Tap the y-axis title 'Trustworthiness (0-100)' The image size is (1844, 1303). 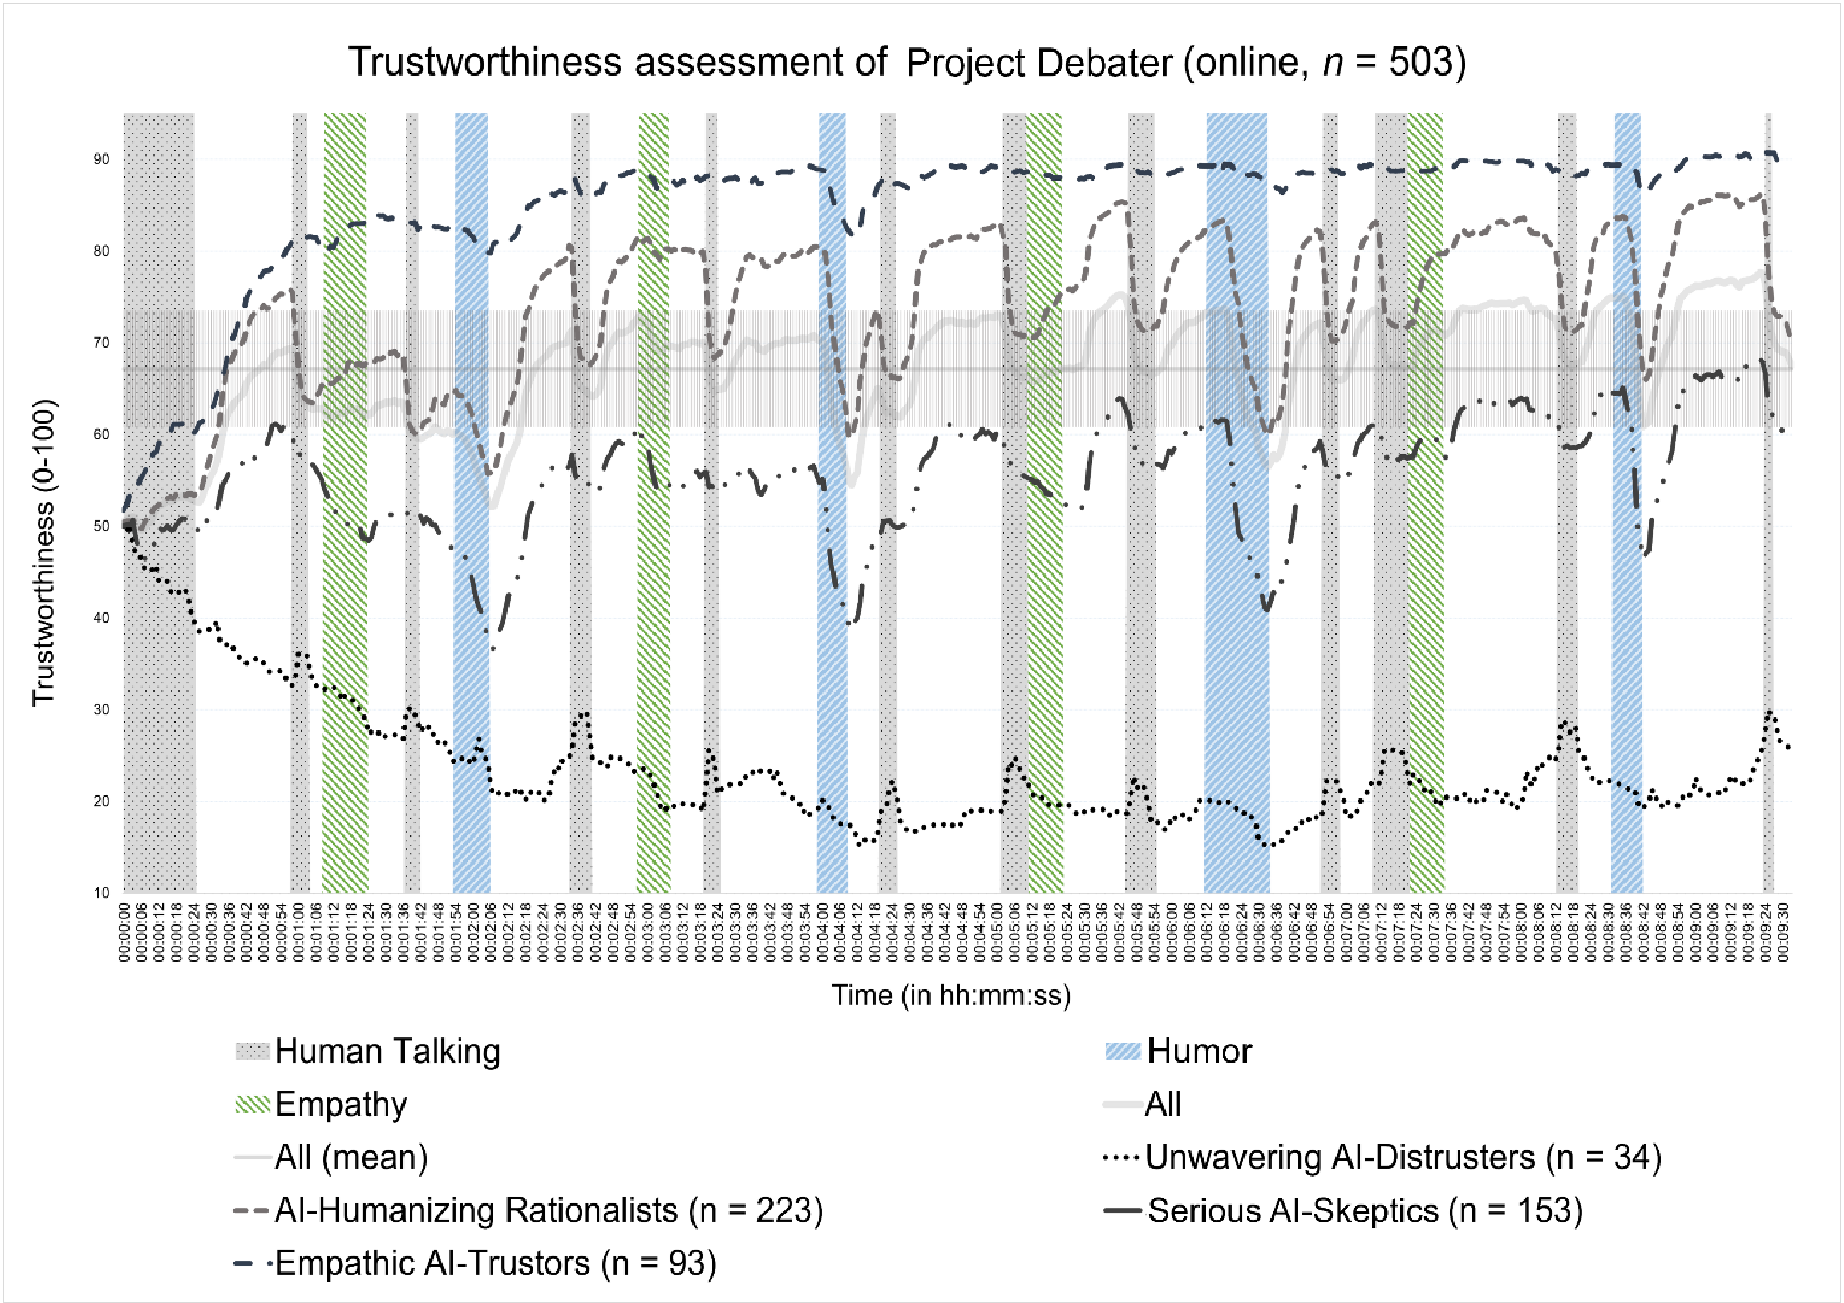pyautogui.click(x=44, y=553)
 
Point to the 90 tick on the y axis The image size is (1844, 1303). pyautogui.click(x=101, y=159)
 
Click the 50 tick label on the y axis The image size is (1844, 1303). pyautogui.click(x=101, y=526)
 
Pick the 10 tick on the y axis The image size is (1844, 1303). pyautogui.click(x=101, y=893)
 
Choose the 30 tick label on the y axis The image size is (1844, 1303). pyautogui.click(x=101, y=709)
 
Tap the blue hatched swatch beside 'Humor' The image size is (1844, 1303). pyautogui.click(x=1123, y=1051)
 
